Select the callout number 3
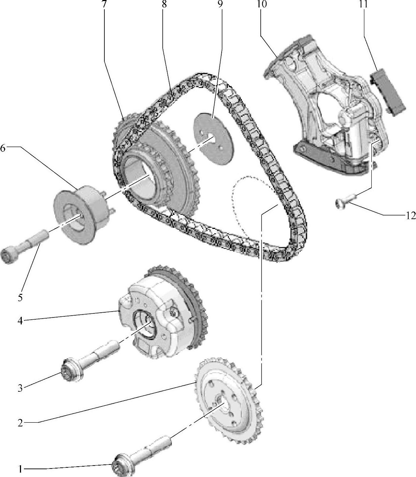click(20, 388)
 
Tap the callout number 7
click(104, 4)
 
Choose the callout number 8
click(164, 4)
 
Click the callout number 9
click(221, 4)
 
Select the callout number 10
click(261, 4)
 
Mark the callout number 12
click(410, 216)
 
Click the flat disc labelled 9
click(214, 138)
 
